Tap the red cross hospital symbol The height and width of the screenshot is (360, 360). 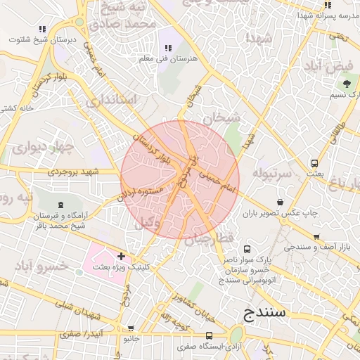121,257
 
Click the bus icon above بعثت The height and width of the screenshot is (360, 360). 314,163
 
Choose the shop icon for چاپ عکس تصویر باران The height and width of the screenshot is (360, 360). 281,202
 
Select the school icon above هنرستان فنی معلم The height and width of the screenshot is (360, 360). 167,48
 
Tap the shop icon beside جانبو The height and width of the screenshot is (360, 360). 131,328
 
